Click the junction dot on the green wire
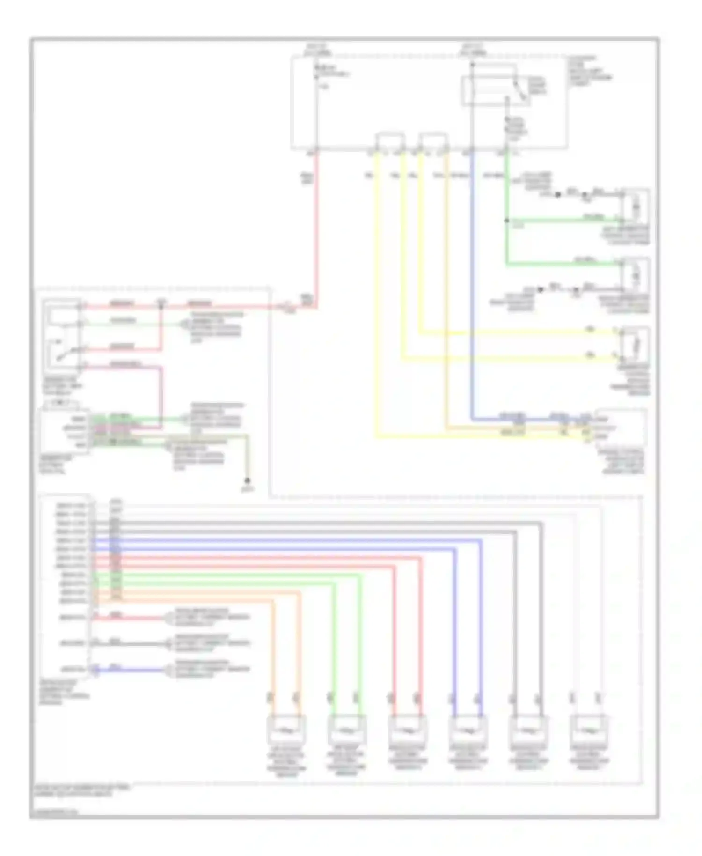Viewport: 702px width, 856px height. click(x=506, y=221)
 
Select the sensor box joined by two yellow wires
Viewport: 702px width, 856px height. click(x=635, y=346)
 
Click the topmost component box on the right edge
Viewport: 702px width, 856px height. click(x=635, y=205)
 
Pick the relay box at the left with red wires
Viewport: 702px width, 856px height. click(x=63, y=334)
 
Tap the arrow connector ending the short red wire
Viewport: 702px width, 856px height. click(x=167, y=618)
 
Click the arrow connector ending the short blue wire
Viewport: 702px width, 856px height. click(x=167, y=670)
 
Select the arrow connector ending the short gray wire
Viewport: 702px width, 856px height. click(x=167, y=644)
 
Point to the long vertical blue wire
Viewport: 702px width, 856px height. click(x=472, y=281)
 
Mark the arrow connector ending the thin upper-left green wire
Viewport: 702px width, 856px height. click(x=184, y=324)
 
